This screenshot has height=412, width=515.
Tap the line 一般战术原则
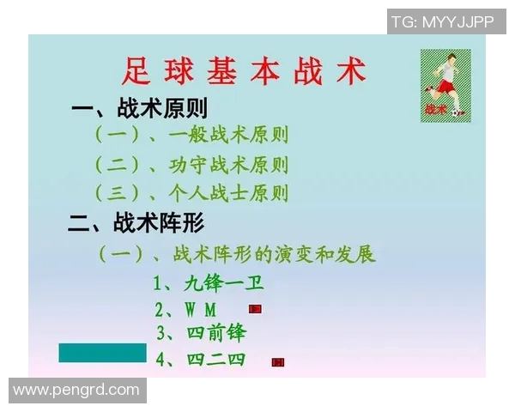(x=191, y=135)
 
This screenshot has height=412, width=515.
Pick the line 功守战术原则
(x=191, y=164)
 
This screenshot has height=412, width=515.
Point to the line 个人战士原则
(x=191, y=193)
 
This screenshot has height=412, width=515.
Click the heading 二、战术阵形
(x=136, y=224)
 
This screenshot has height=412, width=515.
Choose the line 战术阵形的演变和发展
(x=237, y=255)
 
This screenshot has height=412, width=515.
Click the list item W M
(x=186, y=309)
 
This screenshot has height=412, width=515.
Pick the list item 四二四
(x=203, y=359)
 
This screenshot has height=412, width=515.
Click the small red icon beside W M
(x=255, y=308)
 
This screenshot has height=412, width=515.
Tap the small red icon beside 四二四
(x=277, y=362)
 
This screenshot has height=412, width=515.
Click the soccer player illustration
(x=445, y=84)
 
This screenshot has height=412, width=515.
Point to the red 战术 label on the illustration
(x=435, y=110)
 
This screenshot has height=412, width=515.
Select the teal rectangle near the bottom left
(x=102, y=353)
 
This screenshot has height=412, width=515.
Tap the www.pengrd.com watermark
(x=76, y=391)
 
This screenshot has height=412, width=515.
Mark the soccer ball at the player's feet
(x=458, y=112)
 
